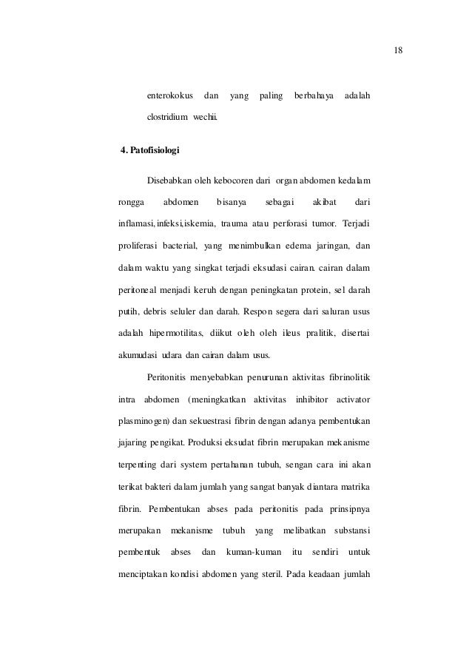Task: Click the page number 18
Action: click(399, 51)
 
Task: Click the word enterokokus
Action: click(170, 97)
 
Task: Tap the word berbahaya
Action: click(314, 97)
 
